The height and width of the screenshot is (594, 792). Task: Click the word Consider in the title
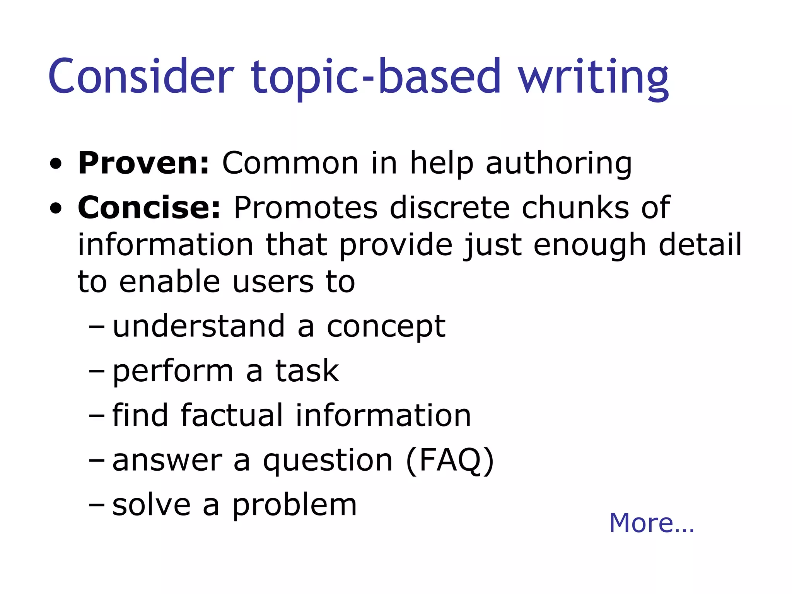tap(141, 76)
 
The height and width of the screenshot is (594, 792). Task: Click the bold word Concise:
tap(149, 208)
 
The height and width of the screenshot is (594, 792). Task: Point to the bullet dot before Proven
tap(56, 165)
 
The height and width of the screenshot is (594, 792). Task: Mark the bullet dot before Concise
tap(56, 209)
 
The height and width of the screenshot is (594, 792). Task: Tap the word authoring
tap(558, 164)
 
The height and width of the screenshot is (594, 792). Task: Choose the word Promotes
tap(306, 208)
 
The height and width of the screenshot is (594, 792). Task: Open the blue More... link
tap(651, 523)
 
